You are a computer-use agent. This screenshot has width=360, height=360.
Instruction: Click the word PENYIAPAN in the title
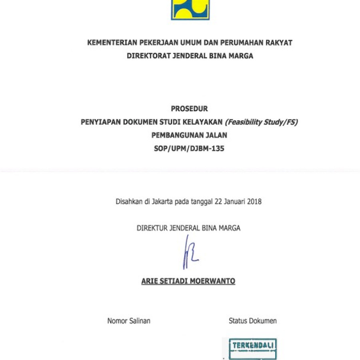(x=100, y=122)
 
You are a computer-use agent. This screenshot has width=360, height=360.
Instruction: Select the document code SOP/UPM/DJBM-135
(x=189, y=149)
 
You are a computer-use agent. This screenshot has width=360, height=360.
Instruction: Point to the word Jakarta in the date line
(x=162, y=202)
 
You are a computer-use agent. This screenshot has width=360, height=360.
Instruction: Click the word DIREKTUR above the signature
(x=152, y=228)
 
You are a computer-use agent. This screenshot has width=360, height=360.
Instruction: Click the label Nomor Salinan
(x=129, y=321)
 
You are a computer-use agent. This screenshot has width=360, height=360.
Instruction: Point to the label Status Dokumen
(x=252, y=321)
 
